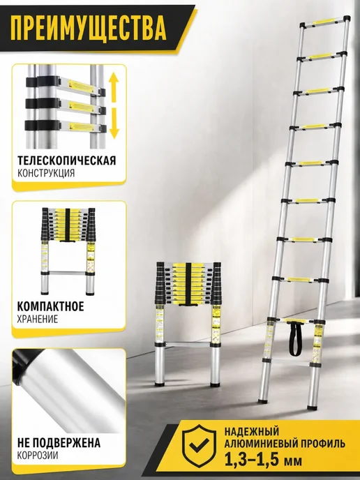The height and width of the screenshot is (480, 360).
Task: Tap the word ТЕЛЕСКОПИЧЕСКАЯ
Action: [67, 160]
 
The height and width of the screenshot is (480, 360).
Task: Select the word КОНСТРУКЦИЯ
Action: [46, 173]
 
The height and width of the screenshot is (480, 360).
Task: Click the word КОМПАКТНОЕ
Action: [50, 306]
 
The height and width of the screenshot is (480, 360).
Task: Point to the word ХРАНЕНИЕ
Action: [38, 319]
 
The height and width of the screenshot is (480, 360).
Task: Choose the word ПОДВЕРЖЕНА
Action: [66, 442]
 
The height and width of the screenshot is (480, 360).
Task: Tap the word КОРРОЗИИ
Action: [38, 455]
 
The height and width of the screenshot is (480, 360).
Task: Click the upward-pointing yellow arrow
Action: [114, 87]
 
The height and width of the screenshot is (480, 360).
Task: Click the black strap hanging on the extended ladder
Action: [295, 338]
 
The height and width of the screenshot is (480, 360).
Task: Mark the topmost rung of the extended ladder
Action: [325, 22]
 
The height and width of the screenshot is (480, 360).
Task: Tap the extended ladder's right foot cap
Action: [312, 407]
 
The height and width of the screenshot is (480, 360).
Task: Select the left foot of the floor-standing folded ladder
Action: [159, 383]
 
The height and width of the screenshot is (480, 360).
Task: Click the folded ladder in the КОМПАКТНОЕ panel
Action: [68, 251]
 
